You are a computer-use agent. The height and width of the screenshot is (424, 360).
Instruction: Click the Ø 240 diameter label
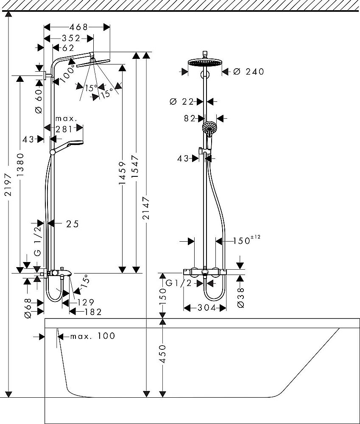pyautogui.click(x=248, y=72)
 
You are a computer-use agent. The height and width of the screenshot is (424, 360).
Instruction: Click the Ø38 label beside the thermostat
pyautogui.click(x=240, y=297)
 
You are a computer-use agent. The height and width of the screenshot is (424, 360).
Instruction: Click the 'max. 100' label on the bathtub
pyautogui.click(x=92, y=336)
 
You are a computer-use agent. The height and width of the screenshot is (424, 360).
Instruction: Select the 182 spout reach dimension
pyautogui.click(x=93, y=312)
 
